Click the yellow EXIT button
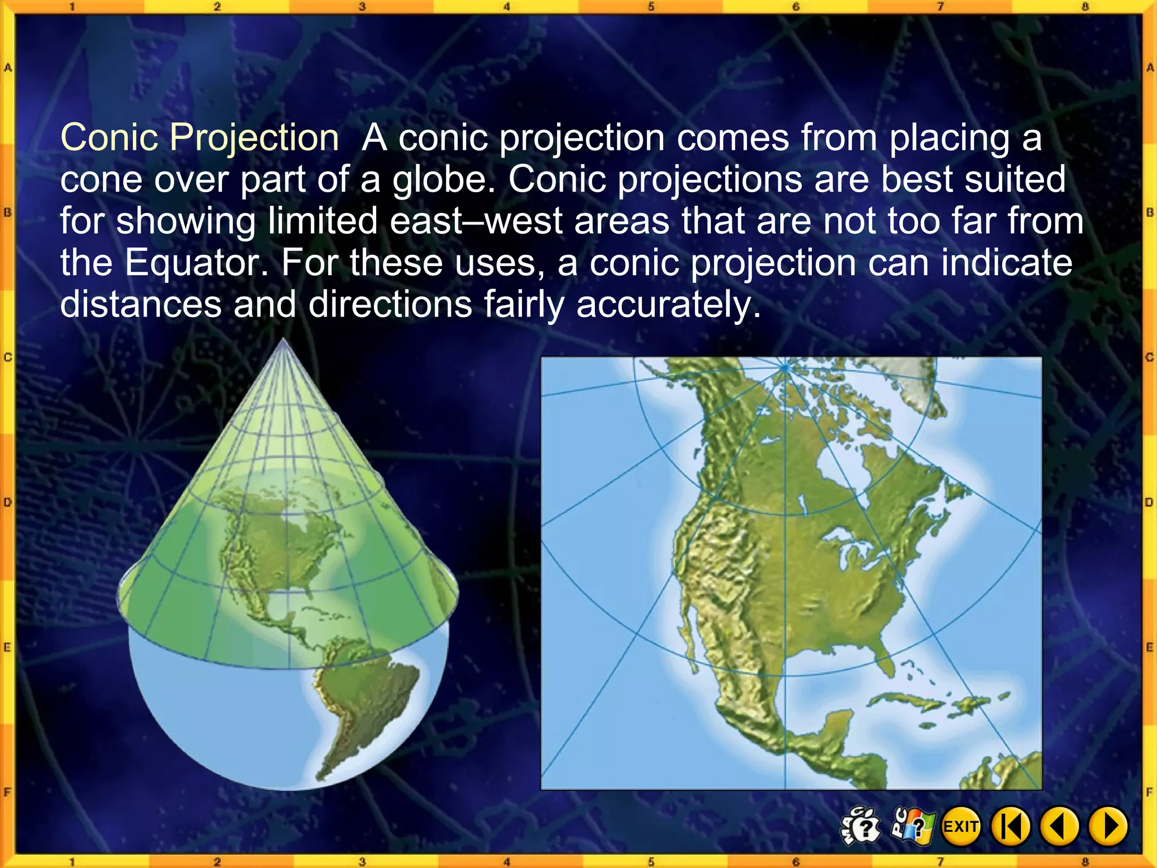pos(961,827)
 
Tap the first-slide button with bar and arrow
pos(1011,827)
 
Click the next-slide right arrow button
pos(1109,827)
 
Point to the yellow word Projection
pos(254,139)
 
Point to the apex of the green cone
pos(283,341)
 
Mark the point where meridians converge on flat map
pos(785,367)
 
